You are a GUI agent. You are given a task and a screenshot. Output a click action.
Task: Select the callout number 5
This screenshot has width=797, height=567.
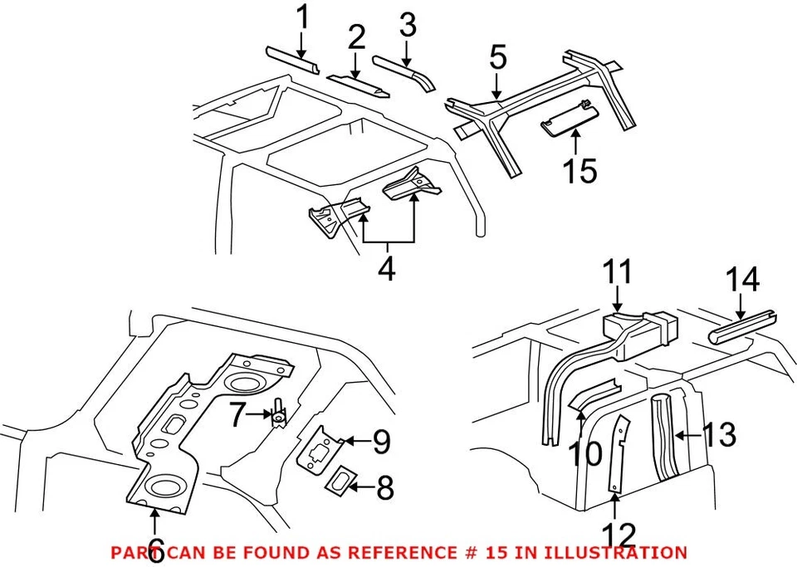(x=497, y=59)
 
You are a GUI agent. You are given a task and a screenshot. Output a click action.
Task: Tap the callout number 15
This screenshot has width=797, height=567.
(x=579, y=171)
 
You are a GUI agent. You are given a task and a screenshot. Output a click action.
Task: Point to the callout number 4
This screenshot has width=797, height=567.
(x=387, y=269)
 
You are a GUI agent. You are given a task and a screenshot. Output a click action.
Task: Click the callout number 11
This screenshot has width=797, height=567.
(x=618, y=273)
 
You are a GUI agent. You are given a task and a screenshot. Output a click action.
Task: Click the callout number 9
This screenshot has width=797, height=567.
(x=380, y=441)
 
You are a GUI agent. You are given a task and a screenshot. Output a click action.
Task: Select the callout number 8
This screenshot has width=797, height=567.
(x=384, y=487)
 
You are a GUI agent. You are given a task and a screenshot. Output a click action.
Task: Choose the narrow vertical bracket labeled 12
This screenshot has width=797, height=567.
(x=616, y=457)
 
